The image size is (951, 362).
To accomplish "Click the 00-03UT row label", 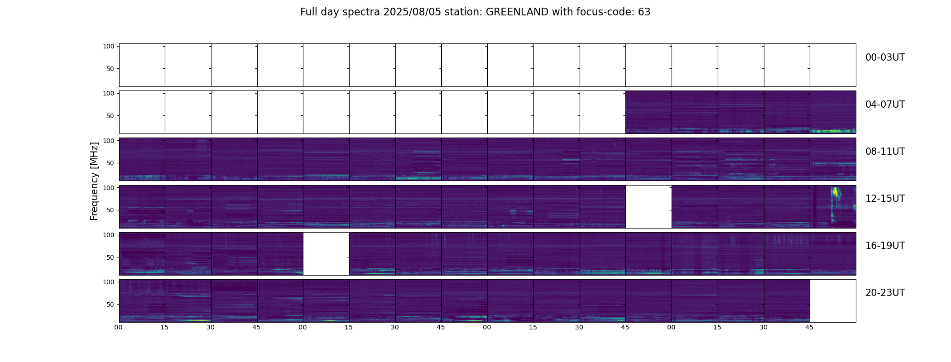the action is (x=885, y=57).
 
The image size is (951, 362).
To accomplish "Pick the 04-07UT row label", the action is (x=885, y=105).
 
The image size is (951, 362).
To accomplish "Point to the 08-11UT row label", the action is (x=885, y=152).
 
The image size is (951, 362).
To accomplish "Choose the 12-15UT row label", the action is (x=885, y=199).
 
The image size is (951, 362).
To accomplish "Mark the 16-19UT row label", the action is (x=885, y=246).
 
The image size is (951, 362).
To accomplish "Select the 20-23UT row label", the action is (x=885, y=293).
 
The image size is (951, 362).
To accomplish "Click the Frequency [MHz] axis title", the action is (x=94, y=181).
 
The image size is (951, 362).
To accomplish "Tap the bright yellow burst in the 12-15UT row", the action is (x=836, y=194).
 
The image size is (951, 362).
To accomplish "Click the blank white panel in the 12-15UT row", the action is (x=648, y=206).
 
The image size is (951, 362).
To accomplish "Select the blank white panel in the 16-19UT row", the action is (x=326, y=253).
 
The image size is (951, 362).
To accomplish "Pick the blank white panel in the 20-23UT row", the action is (x=833, y=300).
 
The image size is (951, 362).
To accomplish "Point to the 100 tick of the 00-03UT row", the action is (x=109, y=46).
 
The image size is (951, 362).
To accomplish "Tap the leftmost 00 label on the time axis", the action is (x=119, y=327).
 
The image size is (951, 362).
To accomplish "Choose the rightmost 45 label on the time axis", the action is (x=810, y=327).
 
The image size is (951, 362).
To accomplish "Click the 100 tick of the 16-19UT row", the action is (x=109, y=235).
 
